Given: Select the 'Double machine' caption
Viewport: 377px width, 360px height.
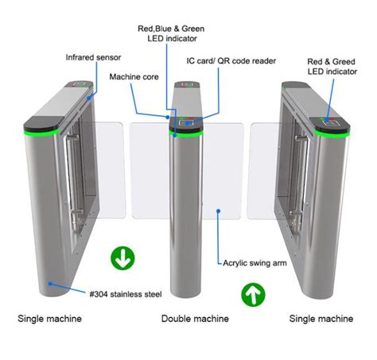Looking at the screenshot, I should (188, 319).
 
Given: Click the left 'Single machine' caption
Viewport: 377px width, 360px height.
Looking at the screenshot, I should (49, 319).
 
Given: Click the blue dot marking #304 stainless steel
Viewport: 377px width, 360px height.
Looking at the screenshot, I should (50, 282).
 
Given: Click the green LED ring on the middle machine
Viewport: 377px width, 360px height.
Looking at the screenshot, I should (188, 134).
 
